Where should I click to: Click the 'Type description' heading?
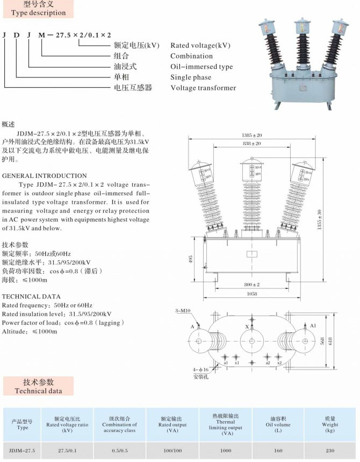tap(38, 12)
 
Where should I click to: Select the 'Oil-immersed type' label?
tap(201, 67)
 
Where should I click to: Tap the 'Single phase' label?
tap(191, 77)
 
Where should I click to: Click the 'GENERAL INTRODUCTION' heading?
tap(45, 175)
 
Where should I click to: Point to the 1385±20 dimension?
tap(251, 134)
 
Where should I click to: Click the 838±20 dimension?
tap(251, 144)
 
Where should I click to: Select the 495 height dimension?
tap(190, 260)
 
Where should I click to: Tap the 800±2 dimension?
tap(251, 284)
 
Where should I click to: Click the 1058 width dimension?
tap(251, 294)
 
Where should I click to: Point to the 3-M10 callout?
tap(183, 311)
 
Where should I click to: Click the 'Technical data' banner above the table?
tap(38, 386)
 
